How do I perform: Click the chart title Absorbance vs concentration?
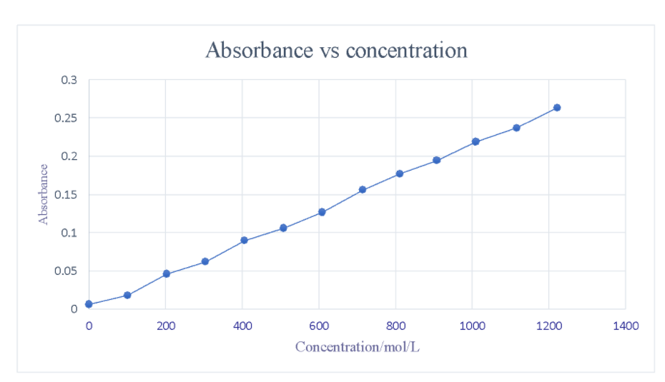336,51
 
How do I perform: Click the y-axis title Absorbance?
44,194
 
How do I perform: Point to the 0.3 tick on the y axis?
69,80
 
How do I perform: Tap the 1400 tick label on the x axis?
625,326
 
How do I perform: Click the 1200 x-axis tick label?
548,326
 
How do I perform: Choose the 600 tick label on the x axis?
319,326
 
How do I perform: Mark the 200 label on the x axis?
166,326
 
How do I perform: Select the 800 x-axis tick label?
395,326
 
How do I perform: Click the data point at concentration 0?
89,304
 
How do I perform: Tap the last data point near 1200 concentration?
557,108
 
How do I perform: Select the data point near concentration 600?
322,212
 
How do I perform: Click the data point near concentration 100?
127,295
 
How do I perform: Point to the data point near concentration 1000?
476,141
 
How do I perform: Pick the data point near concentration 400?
244,240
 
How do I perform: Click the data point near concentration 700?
363,189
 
